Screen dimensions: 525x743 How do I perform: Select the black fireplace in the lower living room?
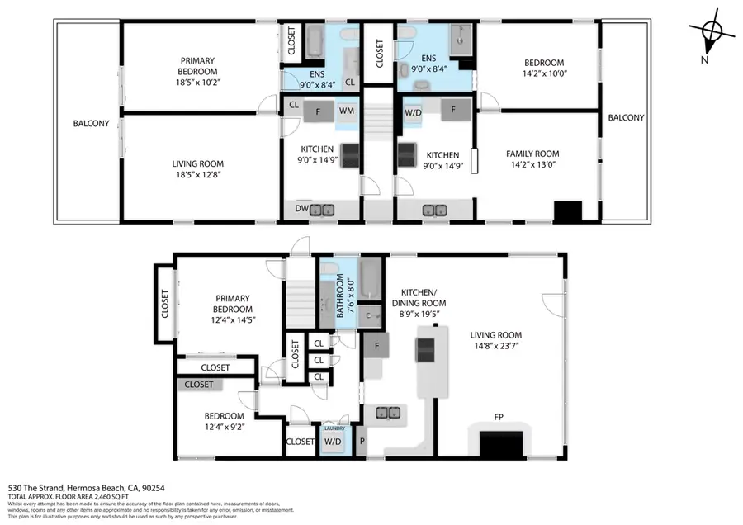501,446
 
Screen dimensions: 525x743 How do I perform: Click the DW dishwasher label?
302,210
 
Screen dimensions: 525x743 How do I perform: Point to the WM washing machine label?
347,110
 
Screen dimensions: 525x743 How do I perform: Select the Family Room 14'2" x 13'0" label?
532,159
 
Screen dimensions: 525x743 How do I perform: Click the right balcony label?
626,118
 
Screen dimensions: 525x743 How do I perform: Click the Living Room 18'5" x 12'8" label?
197,169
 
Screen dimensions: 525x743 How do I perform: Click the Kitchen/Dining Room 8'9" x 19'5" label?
424,298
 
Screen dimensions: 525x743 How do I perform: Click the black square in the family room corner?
567,212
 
